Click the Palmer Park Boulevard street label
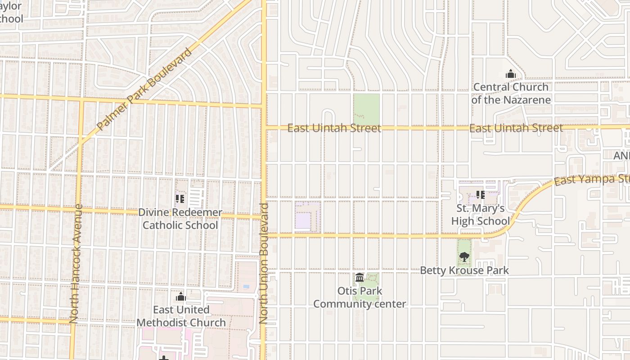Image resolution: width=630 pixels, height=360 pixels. point(144,89)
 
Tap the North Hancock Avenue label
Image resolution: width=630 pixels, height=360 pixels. point(75,263)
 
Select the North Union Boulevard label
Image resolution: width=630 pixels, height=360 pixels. point(264,263)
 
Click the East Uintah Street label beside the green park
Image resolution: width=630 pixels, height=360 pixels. point(334,128)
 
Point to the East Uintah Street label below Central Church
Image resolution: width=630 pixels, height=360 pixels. point(516,128)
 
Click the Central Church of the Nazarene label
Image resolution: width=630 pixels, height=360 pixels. point(511,93)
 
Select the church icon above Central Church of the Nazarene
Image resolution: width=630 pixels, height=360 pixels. point(511,74)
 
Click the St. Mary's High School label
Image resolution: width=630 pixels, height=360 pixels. point(480,215)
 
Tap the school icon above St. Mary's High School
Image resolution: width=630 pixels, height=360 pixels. point(480,195)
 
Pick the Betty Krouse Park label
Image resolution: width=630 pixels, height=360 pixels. point(464,270)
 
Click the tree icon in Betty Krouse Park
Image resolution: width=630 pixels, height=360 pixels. point(464,257)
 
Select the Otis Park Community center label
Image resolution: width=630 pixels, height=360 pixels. point(360,297)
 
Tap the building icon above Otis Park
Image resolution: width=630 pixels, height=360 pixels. point(360,277)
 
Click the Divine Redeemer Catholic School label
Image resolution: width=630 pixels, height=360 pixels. point(180,219)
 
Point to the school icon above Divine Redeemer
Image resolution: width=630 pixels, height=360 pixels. point(180,198)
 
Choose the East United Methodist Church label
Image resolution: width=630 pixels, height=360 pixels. point(181,316)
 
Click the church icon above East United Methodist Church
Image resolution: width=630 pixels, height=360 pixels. point(181,297)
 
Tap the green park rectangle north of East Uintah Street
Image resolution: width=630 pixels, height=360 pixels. point(366,108)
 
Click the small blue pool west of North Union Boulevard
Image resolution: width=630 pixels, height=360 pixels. point(246,286)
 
